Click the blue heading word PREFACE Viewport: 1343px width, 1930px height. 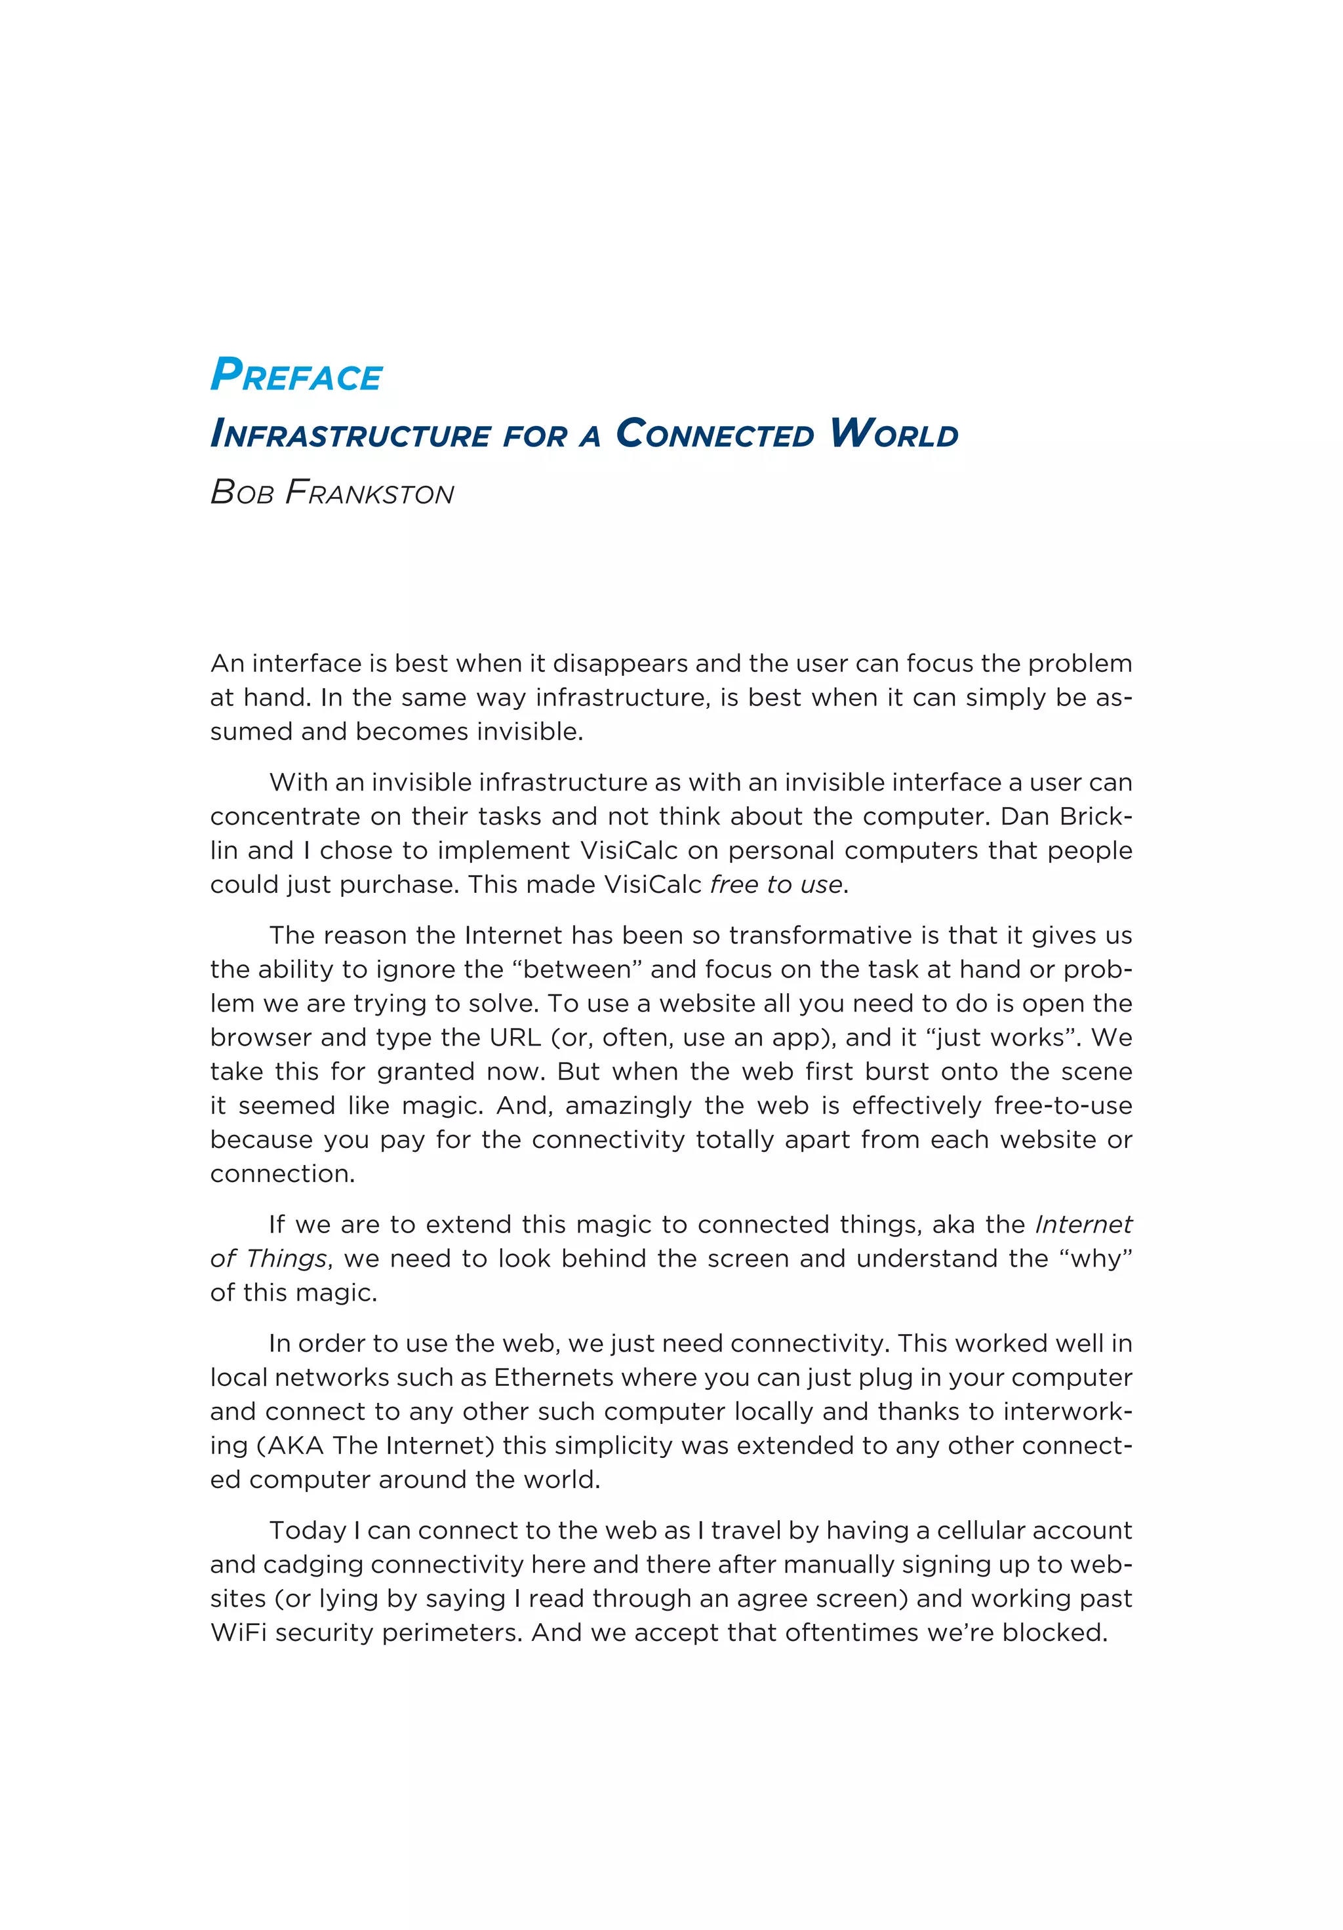[x=296, y=375]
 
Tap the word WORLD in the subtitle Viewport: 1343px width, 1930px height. [x=893, y=434]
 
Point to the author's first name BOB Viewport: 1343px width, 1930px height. [x=242, y=492]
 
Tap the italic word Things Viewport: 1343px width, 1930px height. [x=287, y=1258]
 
